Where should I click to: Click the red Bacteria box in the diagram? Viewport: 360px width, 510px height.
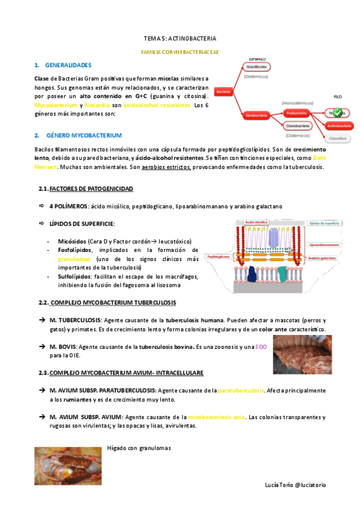coord(224,91)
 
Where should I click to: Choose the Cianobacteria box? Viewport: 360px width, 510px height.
coord(298,126)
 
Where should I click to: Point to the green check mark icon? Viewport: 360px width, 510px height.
coord(337,112)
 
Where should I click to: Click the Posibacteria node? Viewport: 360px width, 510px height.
coord(298,112)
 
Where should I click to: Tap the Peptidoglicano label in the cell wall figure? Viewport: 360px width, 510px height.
coord(219,256)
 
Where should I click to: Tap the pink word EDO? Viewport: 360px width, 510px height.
coord(261,347)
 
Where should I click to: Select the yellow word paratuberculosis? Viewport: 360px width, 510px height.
coord(242,390)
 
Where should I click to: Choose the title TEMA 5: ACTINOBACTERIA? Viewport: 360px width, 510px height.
coord(179,37)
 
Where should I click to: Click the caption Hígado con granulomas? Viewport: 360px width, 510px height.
coord(139,447)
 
